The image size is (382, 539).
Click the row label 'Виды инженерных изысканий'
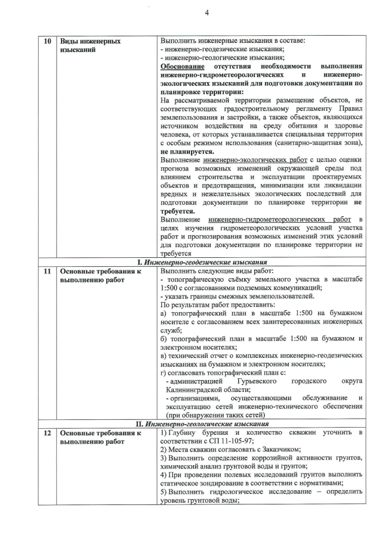90,46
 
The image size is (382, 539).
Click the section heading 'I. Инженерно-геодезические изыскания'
201,262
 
